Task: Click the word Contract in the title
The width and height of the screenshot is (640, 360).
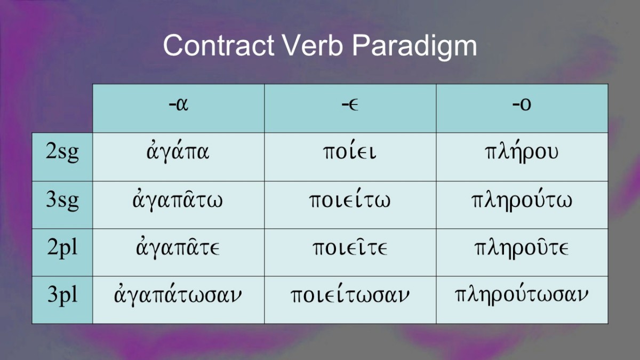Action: tap(219, 45)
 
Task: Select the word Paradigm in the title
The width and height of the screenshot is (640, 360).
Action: tap(414, 47)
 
